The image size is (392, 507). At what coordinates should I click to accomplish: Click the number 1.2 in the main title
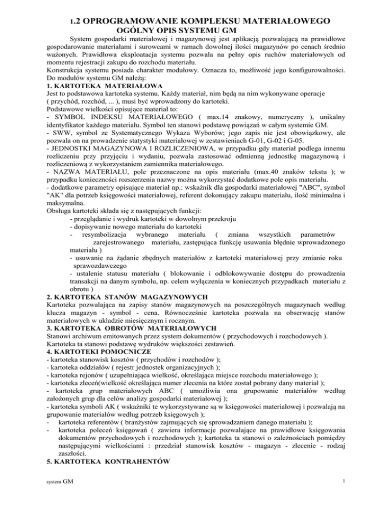(75, 22)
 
